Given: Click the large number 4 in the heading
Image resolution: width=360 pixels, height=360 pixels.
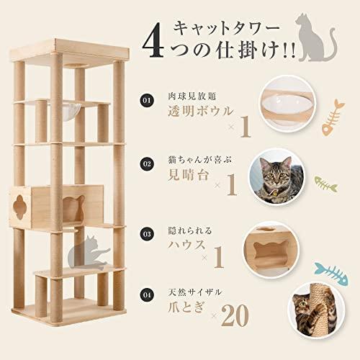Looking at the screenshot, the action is click(153, 45).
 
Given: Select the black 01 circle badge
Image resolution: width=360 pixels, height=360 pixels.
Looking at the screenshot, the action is click(146, 100).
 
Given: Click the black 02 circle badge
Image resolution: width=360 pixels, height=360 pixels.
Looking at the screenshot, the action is click(146, 164).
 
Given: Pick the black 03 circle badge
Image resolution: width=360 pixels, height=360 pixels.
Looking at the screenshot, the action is click(146, 234).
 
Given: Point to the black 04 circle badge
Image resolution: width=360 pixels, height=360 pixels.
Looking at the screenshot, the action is click(146, 294).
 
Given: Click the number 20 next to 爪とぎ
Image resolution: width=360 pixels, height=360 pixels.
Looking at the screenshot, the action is click(235, 315).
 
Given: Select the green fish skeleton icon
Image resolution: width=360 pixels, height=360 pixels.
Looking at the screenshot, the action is click(325, 184).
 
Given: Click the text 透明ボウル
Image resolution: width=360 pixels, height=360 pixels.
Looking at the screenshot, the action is click(201, 111).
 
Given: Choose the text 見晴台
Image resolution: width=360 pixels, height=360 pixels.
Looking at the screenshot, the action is click(188, 175).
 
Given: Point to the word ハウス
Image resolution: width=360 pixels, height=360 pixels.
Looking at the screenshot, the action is click(187, 245).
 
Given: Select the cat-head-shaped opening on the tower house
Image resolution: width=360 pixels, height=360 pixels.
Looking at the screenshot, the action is click(73, 208).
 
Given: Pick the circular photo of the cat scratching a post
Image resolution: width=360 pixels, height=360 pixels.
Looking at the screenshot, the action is click(315, 310).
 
